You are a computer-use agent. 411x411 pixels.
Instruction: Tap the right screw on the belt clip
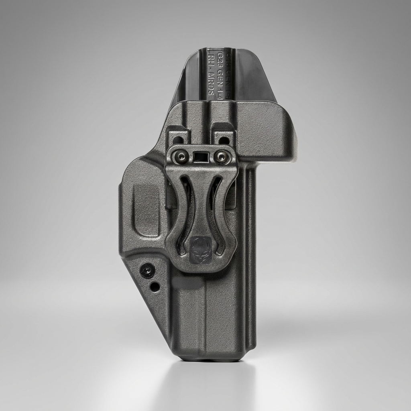pos(220,157)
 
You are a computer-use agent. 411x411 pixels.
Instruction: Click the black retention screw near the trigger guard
pos(148,271)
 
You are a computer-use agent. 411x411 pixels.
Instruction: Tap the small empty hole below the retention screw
pos(155,287)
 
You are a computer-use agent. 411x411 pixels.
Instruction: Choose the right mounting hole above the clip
pos(224,140)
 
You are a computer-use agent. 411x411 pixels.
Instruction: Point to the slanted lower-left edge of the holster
pos(149,313)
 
